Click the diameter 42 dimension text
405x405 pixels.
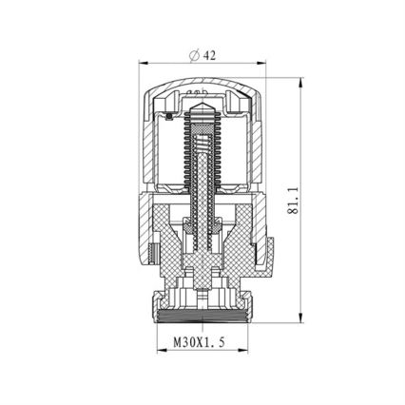(x=203, y=55)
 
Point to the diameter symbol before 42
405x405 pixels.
(x=194, y=55)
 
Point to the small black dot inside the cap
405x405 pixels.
(x=169, y=117)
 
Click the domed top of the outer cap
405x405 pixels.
(x=202, y=87)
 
